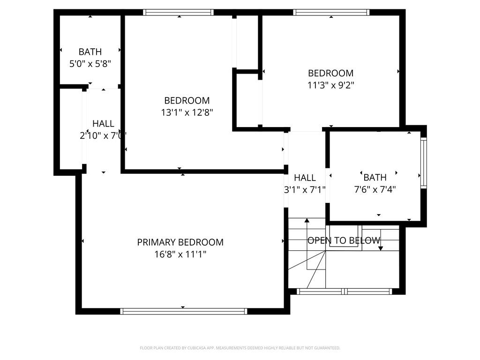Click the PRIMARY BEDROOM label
pos(180,242)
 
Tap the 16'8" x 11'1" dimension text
pos(180,255)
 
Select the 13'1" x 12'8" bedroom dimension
pos(187,112)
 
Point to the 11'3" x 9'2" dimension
pos(330,85)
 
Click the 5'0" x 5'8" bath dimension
pos(90,64)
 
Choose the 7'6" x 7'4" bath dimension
pos(375,189)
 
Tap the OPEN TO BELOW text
pos(344,240)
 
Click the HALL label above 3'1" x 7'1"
pos(305,178)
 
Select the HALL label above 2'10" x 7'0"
pos(103,124)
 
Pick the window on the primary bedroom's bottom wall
pos(183,311)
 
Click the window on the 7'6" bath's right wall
pos(423,162)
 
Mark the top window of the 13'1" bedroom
pos(178,13)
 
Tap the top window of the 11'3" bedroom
pos(331,13)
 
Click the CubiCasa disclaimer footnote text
pos(240,348)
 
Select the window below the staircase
pos(345,291)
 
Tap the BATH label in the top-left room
pos(90,52)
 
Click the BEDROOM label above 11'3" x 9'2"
pos(330,73)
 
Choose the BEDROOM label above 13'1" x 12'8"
pos(187,100)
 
